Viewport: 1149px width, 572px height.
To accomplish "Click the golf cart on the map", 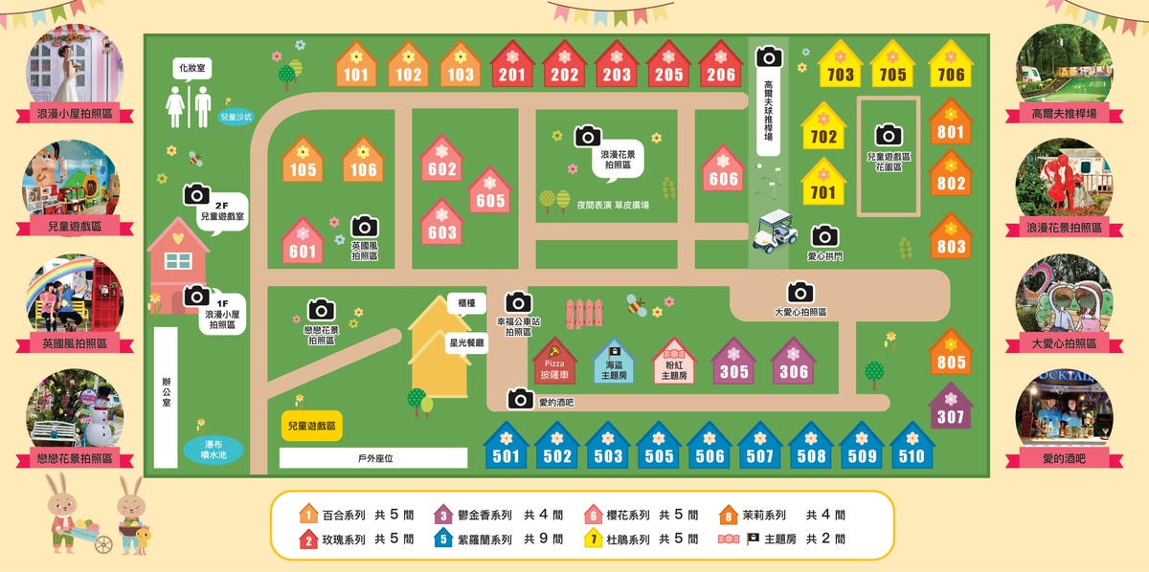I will coord(775,232).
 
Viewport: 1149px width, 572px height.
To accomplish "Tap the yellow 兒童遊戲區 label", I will coord(312,426).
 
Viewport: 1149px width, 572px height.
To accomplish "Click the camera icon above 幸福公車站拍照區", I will coord(518,302).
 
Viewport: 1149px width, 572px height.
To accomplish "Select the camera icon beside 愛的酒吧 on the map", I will coord(521,399).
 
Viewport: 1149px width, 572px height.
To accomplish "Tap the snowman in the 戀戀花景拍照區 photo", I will coord(99,422).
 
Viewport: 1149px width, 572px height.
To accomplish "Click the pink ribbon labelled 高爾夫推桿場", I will coord(1064,115).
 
